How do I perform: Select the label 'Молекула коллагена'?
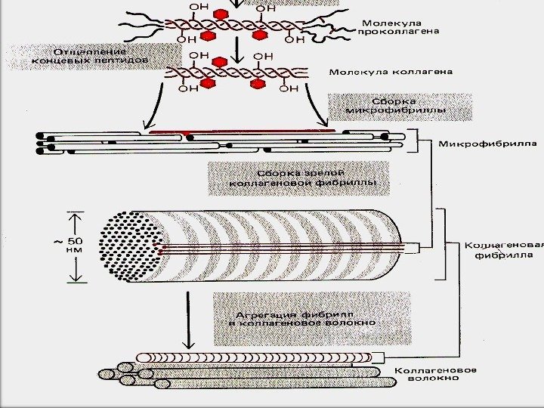click(x=390, y=73)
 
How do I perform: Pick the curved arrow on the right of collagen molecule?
click(x=318, y=106)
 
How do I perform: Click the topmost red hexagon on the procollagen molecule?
click(x=221, y=15)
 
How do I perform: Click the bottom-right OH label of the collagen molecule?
click(x=289, y=90)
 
